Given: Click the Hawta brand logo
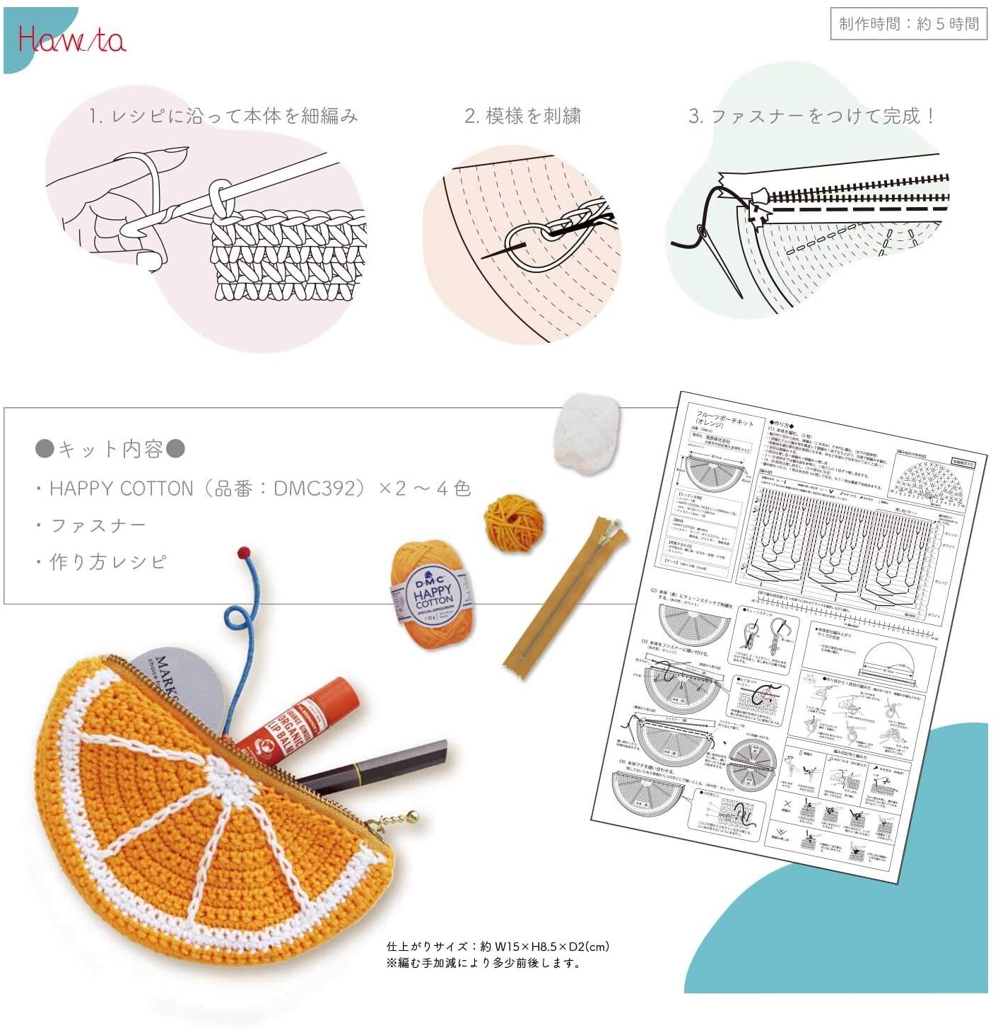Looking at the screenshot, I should [71, 39].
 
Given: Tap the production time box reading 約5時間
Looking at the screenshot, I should [908, 24].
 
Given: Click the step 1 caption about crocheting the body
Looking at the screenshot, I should [223, 116].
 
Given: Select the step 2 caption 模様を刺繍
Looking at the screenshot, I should [523, 116].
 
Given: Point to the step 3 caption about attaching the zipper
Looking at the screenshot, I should [812, 116].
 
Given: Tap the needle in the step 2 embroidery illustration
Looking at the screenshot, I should [505, 249].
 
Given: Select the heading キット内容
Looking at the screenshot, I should [110, 449].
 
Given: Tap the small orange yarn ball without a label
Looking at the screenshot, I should [514, 522].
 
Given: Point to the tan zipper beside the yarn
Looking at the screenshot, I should [565, 597].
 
